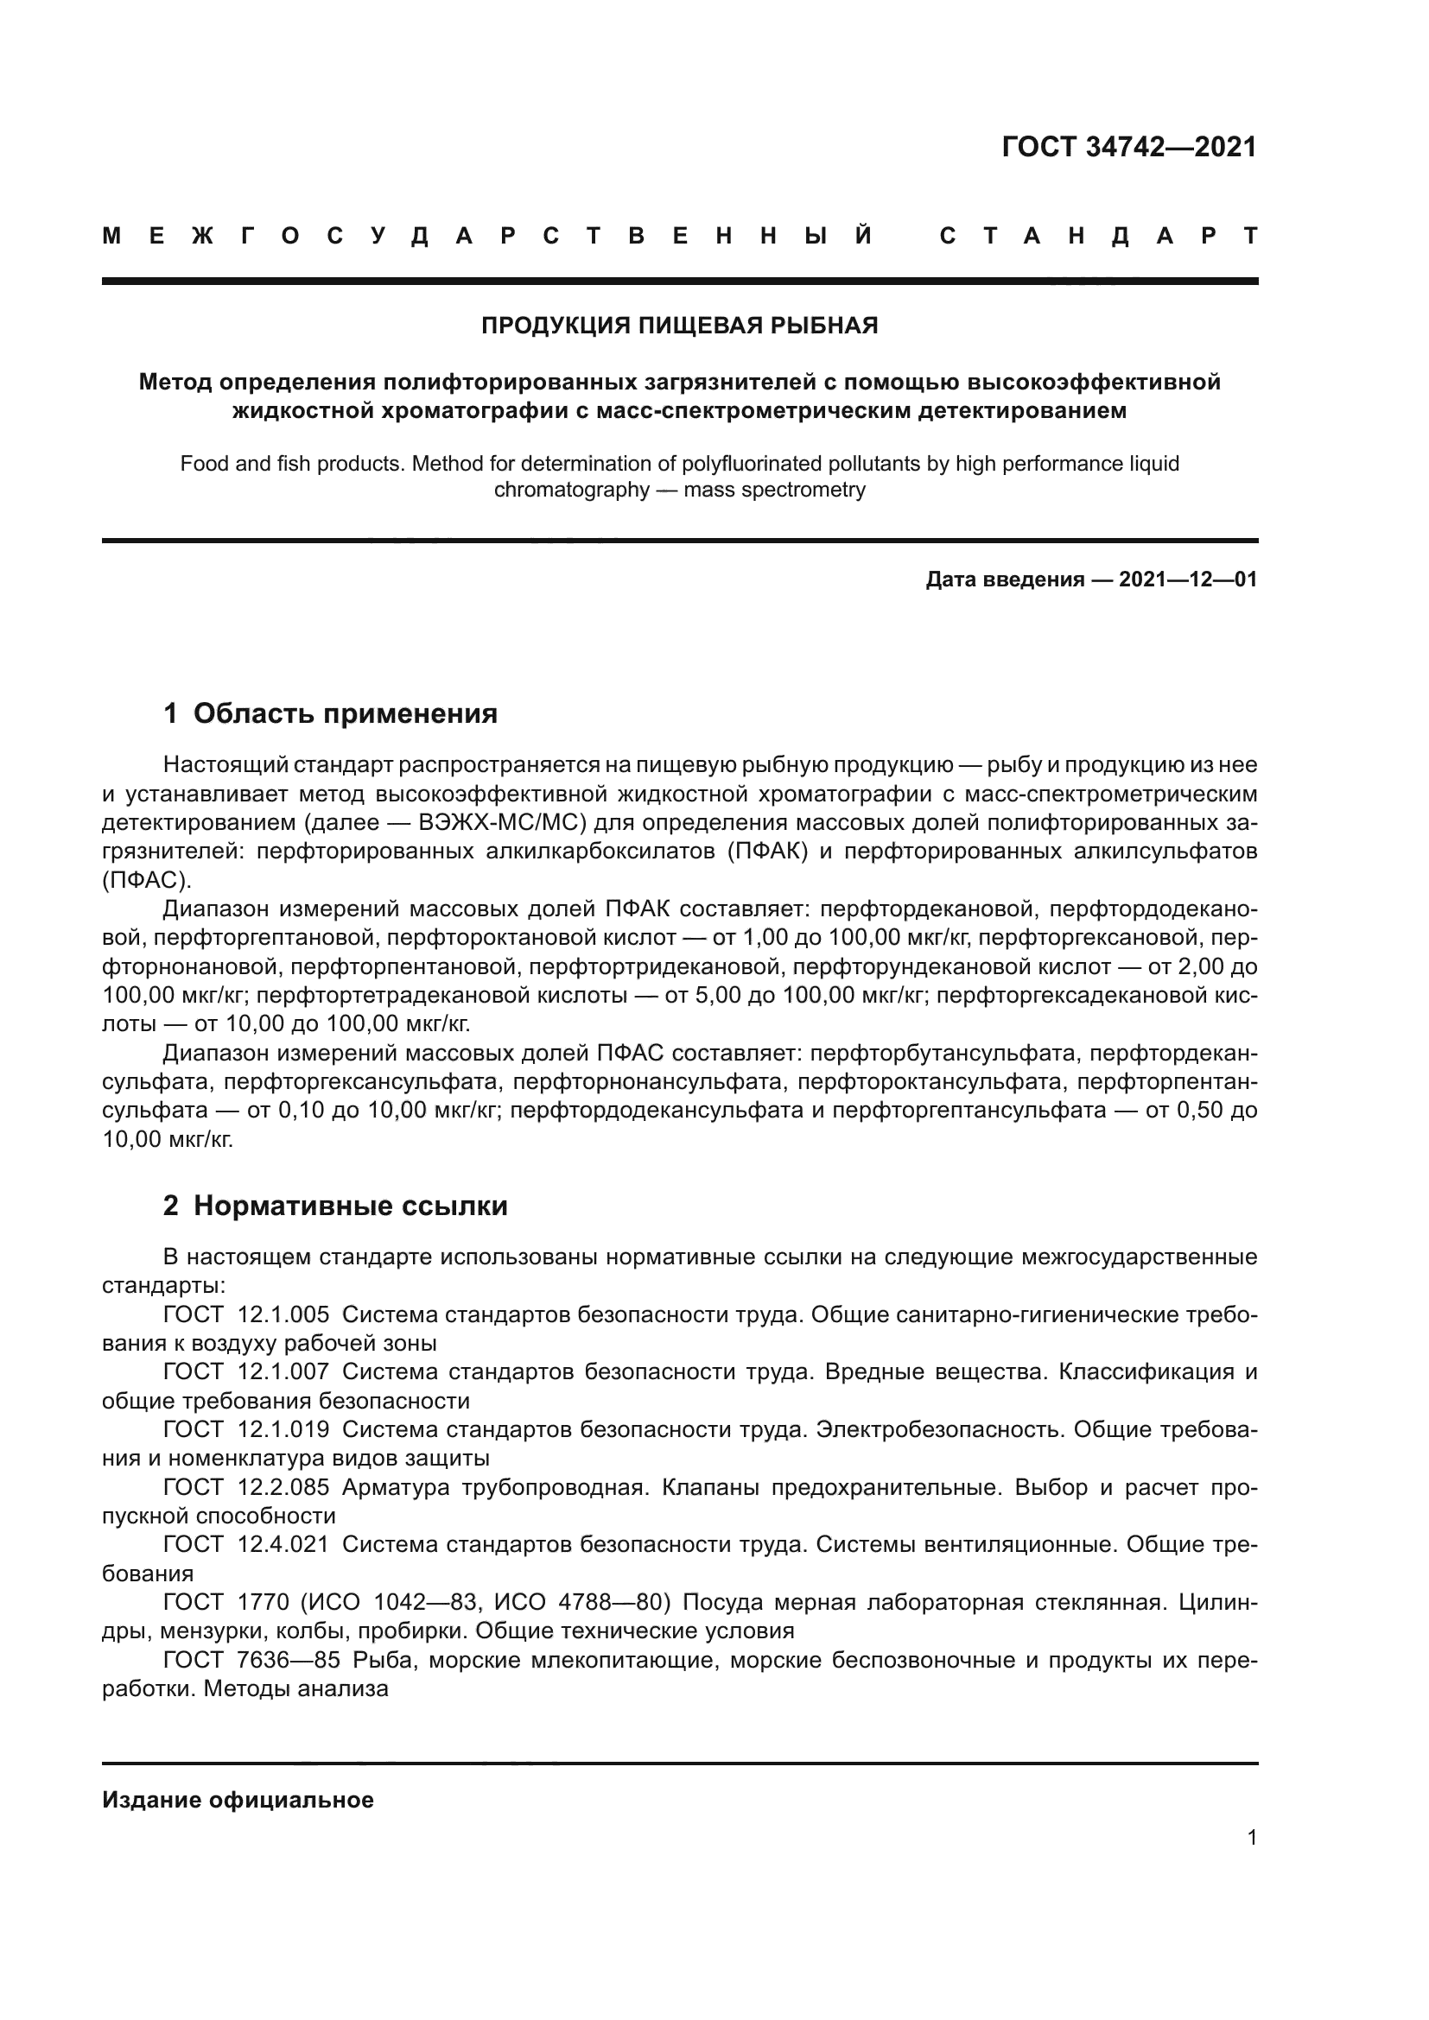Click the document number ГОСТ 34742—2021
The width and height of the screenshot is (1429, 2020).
[x=1129, y=147]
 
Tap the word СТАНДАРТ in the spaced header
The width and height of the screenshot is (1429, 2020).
[x=1099, y=236]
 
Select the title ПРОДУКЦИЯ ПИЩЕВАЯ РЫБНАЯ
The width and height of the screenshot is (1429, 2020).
[x=679, y=326]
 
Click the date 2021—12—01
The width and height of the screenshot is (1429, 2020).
[x=1188, y=579]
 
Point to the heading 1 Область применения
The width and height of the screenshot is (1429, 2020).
[x=330, y=713]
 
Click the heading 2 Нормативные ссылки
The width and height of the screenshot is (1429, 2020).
[x=335, y=1206]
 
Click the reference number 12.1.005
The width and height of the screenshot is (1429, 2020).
[x=283, y=1315]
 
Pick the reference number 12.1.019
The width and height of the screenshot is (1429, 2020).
[x=283, y=1429]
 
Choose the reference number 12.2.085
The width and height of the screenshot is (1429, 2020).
[x=283, y=1488]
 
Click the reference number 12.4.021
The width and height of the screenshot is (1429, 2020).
[x=283, y=1545]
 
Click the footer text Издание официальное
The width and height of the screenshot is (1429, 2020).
[x=238, y=1800]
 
